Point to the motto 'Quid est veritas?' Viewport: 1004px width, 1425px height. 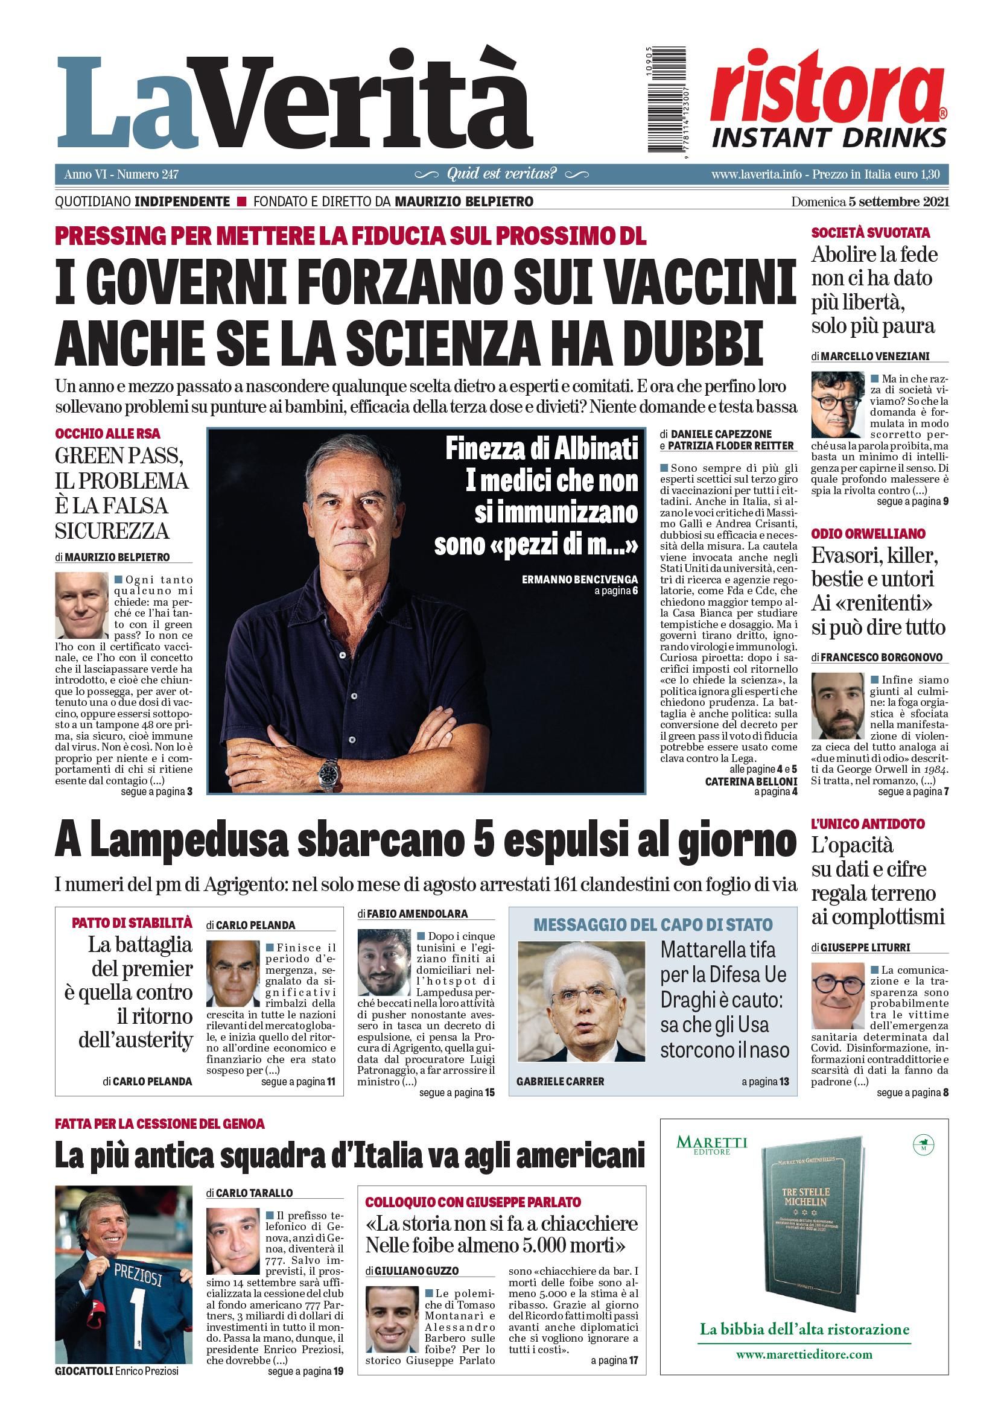(501, 174)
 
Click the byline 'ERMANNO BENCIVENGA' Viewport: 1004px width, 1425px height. (580, 579)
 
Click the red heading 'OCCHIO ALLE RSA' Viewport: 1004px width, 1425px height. (107, 433)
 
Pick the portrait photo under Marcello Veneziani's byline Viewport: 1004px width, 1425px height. (837, 405)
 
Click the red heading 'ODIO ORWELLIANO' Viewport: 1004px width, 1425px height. (868, 534)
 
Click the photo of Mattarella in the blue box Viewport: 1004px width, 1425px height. (581, 1001)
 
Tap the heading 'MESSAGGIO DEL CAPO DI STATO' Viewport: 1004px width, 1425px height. (653, 925)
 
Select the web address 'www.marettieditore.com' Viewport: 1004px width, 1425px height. (804, 1354)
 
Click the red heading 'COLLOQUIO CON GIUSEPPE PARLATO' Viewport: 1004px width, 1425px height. (473, 1202)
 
